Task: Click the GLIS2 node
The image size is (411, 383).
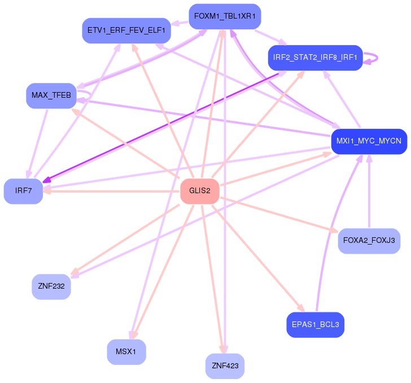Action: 199,191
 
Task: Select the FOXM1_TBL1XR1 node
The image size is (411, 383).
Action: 225,16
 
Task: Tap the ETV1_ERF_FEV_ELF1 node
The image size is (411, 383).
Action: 126,31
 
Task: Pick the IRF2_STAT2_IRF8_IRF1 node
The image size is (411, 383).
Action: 315,58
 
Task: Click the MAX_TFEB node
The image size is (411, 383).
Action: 51,95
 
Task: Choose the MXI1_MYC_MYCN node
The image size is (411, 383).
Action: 369,141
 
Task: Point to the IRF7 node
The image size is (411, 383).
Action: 23,191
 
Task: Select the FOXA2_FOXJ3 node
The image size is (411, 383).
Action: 369,241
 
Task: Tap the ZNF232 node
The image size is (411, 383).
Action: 51,286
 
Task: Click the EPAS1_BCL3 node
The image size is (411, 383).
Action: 315,325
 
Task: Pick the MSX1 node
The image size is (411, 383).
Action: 126,352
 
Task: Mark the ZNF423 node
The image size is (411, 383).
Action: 225,366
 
